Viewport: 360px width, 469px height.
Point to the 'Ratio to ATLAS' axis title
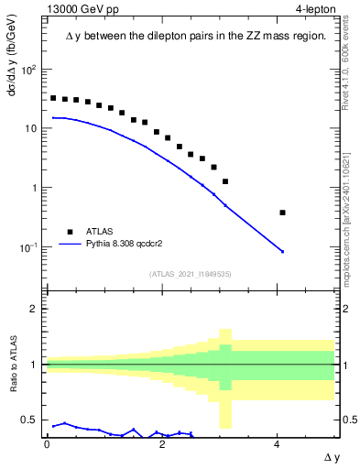[14, 365]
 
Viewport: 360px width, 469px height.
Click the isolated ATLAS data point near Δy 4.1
[282, 213]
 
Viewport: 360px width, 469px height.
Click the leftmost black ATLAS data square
[53, 98]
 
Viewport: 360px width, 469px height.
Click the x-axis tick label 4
[277, 443]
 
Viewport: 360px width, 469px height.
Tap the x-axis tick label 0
[47, 443]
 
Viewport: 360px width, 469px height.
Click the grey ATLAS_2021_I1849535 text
[189, 273]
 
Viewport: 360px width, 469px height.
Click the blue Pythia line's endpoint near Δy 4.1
[282, 251]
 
